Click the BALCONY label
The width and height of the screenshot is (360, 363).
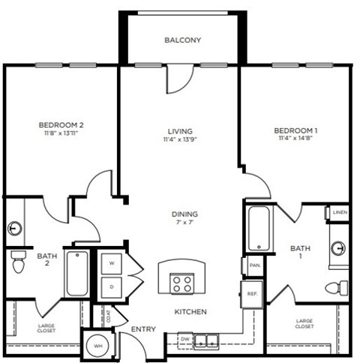[x=183, y=40]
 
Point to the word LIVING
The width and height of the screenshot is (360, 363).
[x=178, y=129]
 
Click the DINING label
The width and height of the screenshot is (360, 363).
[x=184, y=214]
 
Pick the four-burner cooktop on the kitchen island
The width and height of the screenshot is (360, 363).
[x=182, y=282]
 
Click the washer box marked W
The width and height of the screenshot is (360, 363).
[x=112, y=263]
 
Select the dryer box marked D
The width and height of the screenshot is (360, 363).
[x=112, y=286]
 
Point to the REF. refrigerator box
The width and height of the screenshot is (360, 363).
[x=252, y=294]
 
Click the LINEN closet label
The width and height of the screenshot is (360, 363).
[x=340, y=213]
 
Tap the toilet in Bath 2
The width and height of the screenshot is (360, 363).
[x=18, y=262]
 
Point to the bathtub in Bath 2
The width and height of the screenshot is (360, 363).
[x=77, y=272]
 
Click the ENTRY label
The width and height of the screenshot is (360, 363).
[x=143, y=329]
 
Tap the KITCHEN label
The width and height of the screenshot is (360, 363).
[x=190, y=311]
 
